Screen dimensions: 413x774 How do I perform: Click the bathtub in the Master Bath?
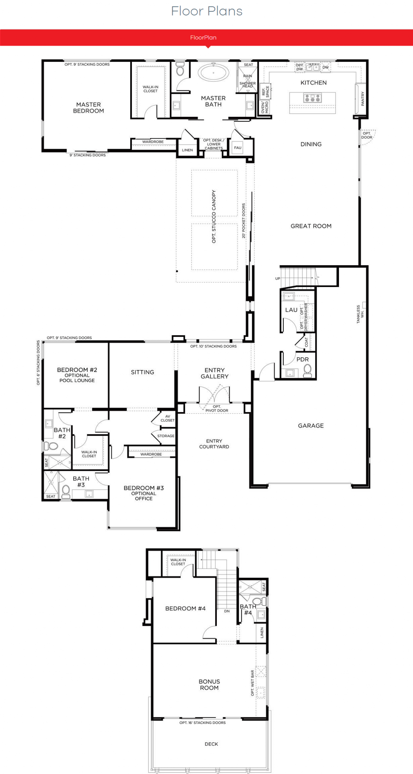click(213, 72)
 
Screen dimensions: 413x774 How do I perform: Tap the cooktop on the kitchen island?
click(313, 98)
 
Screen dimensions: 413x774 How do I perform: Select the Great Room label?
click(311, 226)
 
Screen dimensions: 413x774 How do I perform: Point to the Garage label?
click(310, 425)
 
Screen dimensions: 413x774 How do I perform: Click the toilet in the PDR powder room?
click(308, 370)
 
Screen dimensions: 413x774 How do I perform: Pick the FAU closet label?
click(238, 148)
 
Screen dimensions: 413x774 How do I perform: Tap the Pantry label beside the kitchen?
click(363, 98)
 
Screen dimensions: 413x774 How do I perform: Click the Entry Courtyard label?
click(214, 444)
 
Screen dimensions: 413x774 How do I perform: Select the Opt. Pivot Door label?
click(217, 408)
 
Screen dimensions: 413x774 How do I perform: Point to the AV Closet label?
click(167, 418)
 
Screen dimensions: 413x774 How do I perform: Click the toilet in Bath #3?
click(66, 492)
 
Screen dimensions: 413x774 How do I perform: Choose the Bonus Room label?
click(209, 684)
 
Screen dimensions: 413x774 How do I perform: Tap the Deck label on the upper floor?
click(211, 744)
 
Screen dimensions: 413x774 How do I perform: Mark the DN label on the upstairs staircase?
click(227, 611)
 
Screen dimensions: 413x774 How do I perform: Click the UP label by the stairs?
click(277, 279)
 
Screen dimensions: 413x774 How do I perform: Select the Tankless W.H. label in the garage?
click(360, 314)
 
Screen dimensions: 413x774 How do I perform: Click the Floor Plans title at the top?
click(207, 11)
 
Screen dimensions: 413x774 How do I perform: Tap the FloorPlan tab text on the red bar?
click(203, 38)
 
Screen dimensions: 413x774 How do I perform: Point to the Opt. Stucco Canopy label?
click(214, 216)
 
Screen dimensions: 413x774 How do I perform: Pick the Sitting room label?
click(142, 372)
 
